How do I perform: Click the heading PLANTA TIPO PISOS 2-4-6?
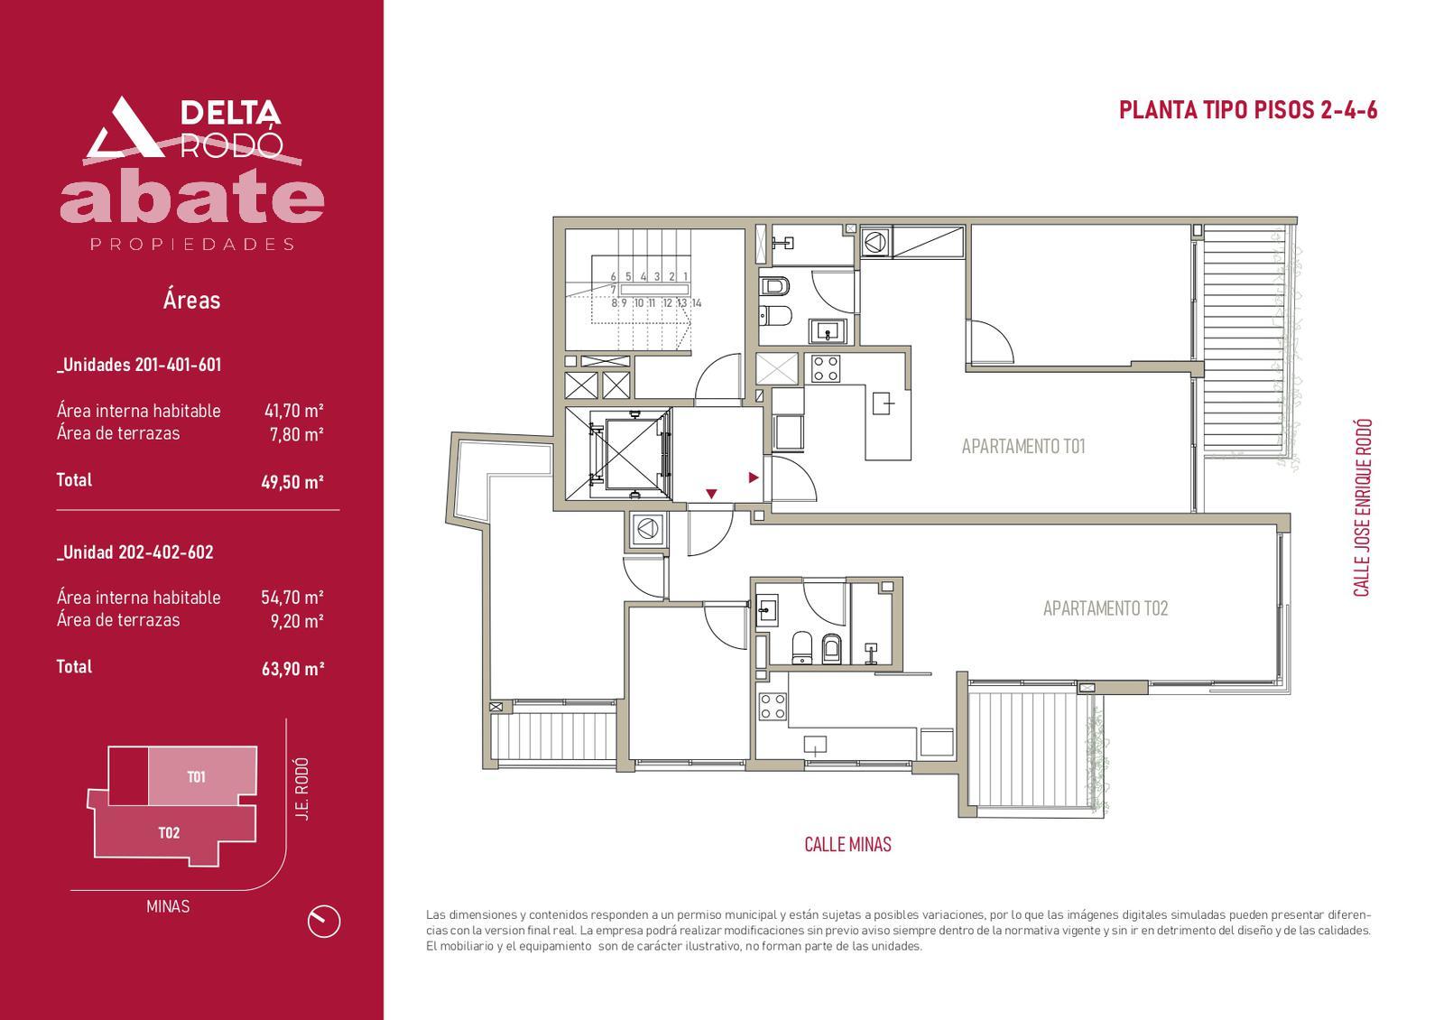pos(1247,110)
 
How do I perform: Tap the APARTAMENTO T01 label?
pos(1023,446)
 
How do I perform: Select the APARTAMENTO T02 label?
pos(1105,608)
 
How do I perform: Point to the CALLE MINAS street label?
pos(847,844)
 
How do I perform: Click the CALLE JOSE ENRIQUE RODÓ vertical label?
pos(1361,508)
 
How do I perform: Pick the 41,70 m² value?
pos(293,411)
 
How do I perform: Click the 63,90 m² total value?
pos(292,669)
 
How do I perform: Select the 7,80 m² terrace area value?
pos(297,434)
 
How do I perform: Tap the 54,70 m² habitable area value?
pos(292,597)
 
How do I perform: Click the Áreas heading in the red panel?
pos(191,300)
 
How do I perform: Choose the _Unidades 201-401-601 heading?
pos(139,365)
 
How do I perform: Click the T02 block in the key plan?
pos(169,832)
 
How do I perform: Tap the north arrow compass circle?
pos(324,921)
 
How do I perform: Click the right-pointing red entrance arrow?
pos(753,478)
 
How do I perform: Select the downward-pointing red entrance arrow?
pos(711,494)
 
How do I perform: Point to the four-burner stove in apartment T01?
pos(825,369)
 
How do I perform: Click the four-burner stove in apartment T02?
pos(773,706)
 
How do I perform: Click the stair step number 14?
pos(696,303)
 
